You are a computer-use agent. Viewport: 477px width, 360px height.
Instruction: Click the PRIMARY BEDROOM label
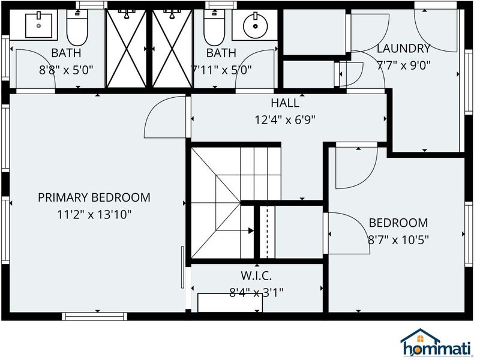click(94, 197)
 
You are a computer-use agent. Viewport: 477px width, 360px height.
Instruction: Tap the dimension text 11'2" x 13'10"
click(94, 215)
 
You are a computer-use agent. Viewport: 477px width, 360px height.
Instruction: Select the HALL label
click(285, 103)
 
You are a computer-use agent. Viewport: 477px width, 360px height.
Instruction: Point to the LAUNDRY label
click(404, 49)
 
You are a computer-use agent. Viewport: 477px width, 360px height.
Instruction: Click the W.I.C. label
click(256, 276)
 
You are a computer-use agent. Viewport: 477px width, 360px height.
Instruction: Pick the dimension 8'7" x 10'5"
click(398, 240)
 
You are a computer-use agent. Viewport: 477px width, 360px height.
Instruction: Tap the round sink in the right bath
click(255, 26)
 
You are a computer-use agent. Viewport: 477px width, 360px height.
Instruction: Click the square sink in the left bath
click(38, 26)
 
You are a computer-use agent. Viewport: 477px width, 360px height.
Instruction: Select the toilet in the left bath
click(77, 28)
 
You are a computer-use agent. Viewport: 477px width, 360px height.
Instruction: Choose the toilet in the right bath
click(214, 28)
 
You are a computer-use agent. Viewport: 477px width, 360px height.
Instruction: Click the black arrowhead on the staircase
click(251, 230)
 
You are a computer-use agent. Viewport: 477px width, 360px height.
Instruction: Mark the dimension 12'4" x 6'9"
click(285, 120)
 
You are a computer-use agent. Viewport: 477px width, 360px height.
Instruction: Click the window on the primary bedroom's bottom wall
click(95, 316)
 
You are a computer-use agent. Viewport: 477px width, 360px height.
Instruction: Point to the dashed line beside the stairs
click(267, 232)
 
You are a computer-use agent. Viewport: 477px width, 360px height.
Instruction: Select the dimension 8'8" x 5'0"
click(66, 70)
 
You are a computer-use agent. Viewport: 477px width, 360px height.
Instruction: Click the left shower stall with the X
click(126, 49)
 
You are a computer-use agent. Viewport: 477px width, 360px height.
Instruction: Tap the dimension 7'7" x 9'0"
click(404, 65)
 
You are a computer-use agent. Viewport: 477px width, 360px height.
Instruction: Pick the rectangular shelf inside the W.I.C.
click(230, 303)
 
